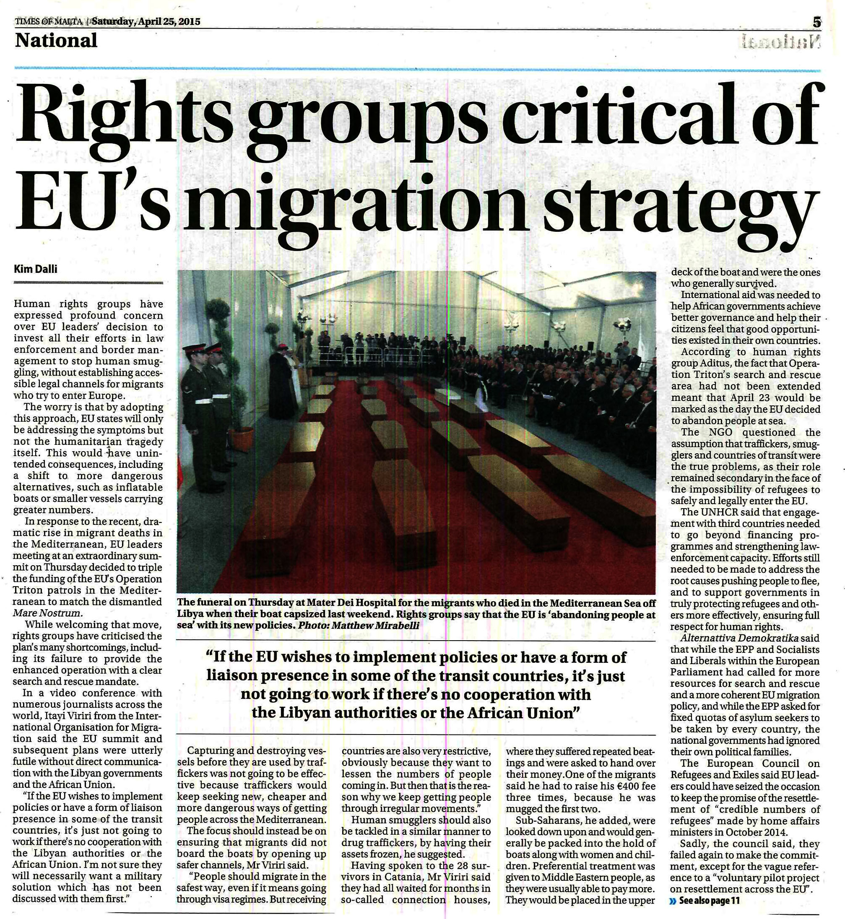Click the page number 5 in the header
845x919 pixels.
click(x=817, y=21)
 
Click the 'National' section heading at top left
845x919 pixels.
click(x=56, y=41)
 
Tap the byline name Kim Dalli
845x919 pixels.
click(x=36, y=269)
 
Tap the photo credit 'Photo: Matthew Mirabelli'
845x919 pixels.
click(x=358, y=626)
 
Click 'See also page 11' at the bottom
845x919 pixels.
click(x=709, y=901)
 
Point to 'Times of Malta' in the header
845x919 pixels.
click(x=49, y=21)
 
